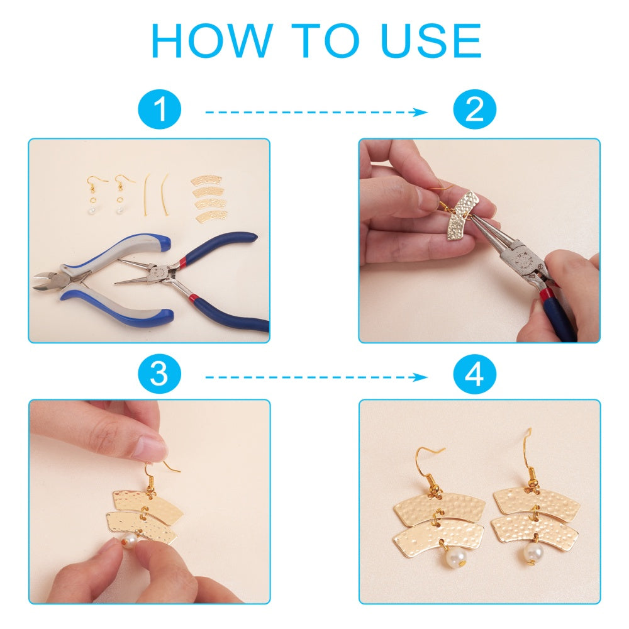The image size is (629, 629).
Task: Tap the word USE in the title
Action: [431, 40]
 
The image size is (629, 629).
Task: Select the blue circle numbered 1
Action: [160, 109]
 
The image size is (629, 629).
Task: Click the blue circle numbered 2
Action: [474, 109]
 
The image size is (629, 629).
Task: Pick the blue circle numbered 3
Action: [160, 374]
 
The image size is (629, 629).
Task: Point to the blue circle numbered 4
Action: [474, 374]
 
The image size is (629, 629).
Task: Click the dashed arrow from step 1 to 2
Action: [316, 113]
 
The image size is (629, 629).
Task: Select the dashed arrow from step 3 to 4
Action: [316, 377]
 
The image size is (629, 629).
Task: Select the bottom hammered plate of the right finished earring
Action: [535, 528]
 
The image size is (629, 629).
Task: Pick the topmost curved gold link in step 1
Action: [206, 180]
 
